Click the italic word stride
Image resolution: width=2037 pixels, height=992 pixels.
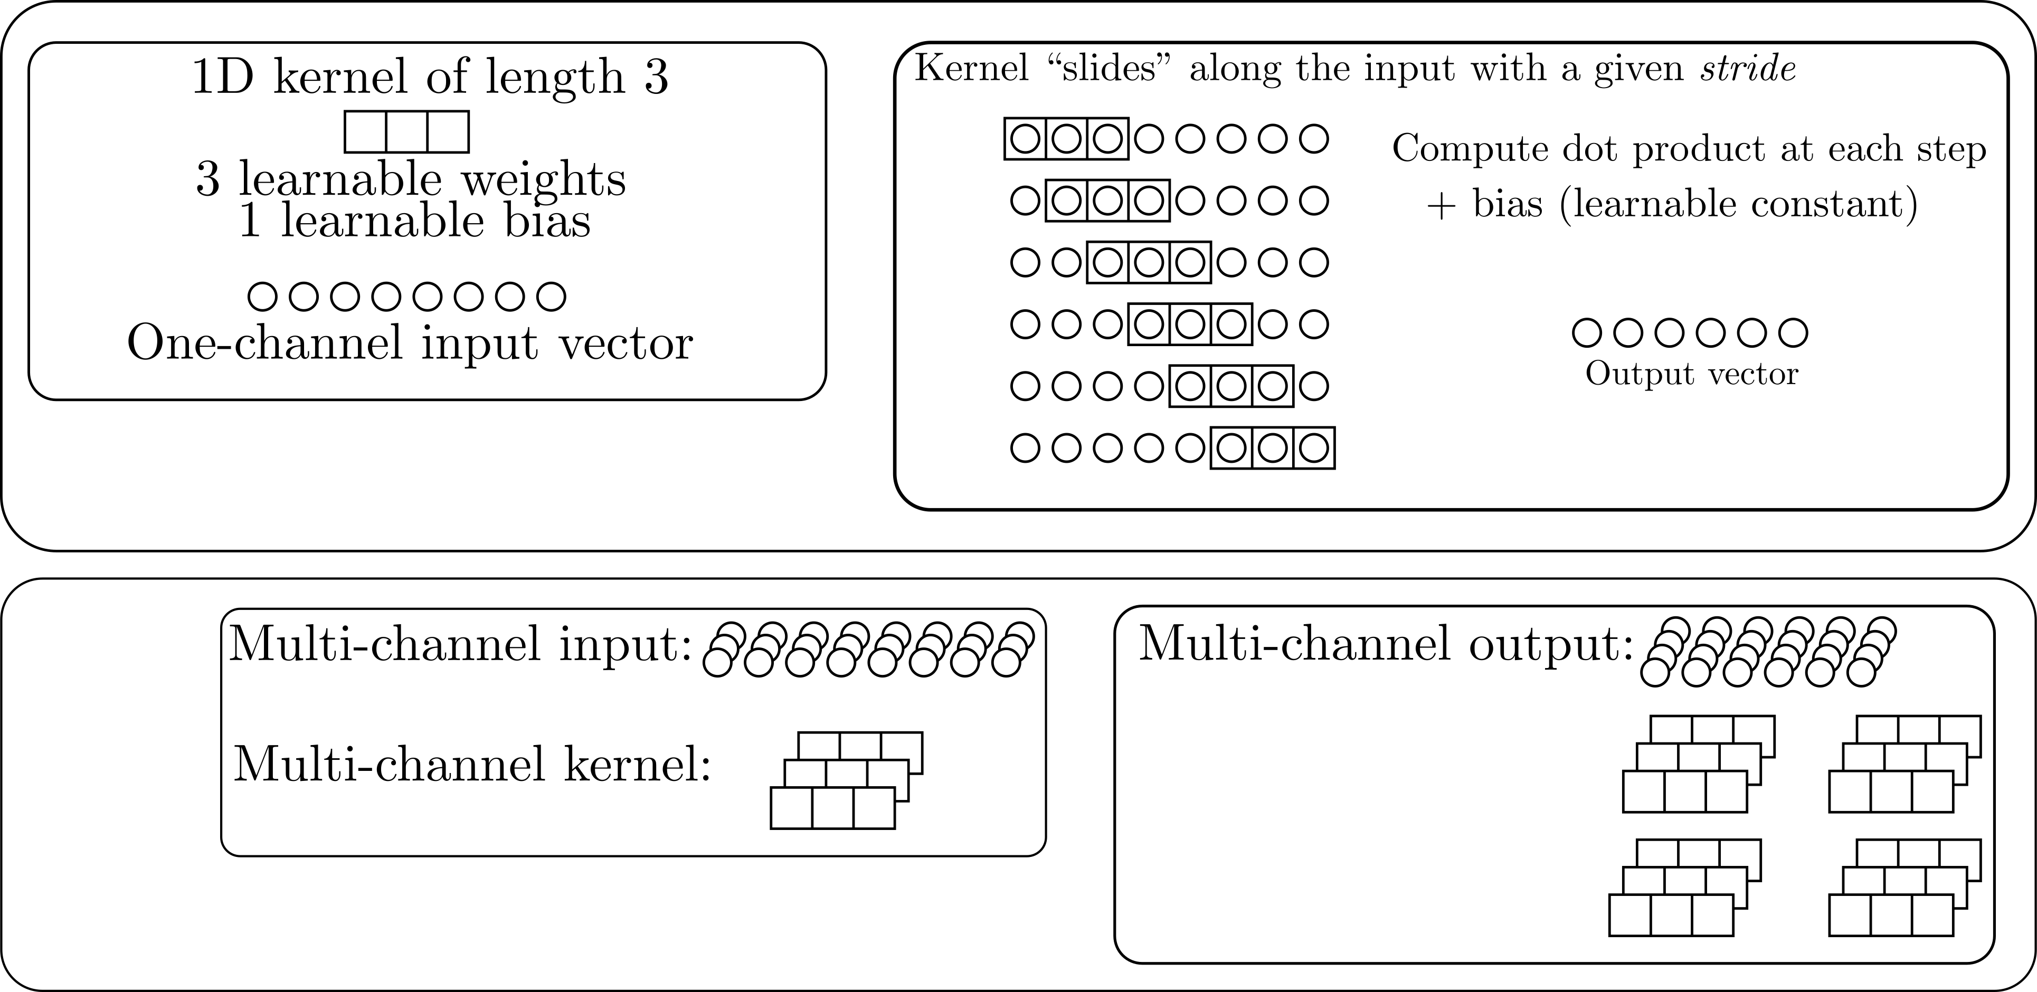click(1748, 70)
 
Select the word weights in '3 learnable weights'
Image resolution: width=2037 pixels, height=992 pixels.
click(544, 180)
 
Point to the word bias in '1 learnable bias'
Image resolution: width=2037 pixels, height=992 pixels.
click(547, 221)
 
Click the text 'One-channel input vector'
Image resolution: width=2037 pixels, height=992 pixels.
click(410, 345)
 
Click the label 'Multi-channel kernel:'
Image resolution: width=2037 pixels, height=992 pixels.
click(472, 765)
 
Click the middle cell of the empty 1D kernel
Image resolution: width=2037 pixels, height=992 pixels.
click(406, 132)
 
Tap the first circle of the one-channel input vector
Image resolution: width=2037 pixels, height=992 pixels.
click(262, 297)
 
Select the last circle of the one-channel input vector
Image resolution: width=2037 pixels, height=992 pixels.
click(551, 297)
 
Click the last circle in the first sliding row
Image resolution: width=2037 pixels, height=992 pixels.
click(1313, 139)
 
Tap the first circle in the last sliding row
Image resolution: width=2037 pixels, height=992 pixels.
click(1025, 448)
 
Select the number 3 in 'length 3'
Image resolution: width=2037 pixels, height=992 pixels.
click(656, 78)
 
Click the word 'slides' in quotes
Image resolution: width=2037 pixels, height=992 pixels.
click(1106, 70)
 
